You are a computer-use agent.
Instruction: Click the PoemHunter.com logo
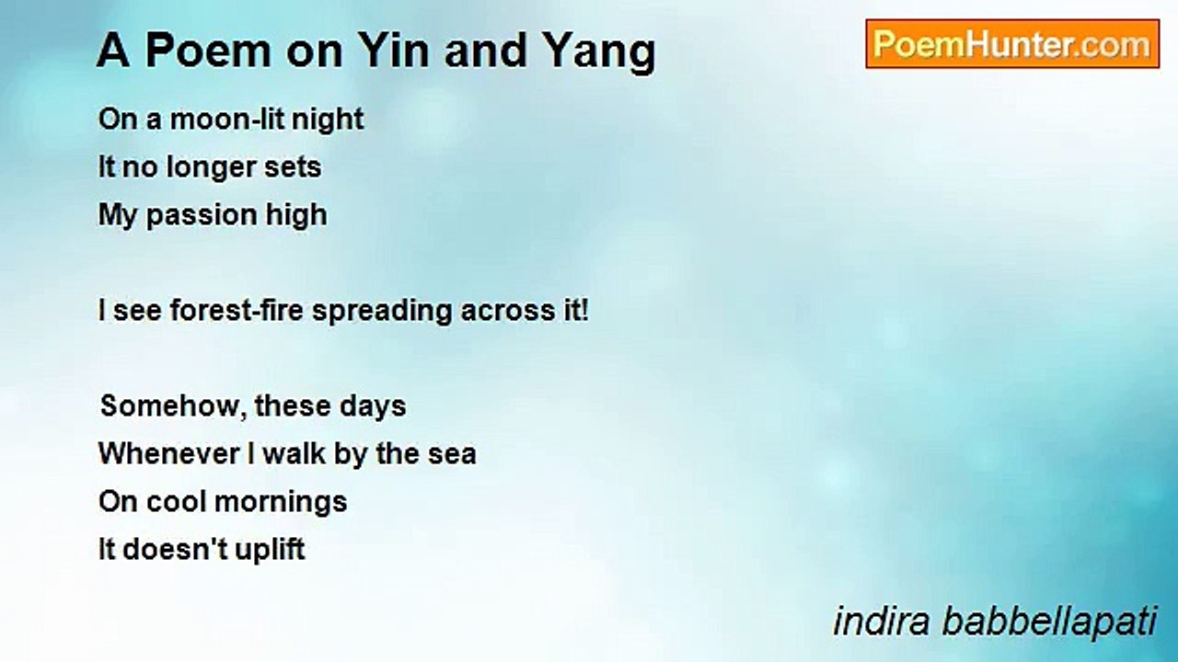[1012, 44]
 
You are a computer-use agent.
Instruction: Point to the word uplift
[266, 551]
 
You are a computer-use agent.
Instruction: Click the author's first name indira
[882, 622]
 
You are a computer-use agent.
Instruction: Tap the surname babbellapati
[1048, 622]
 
